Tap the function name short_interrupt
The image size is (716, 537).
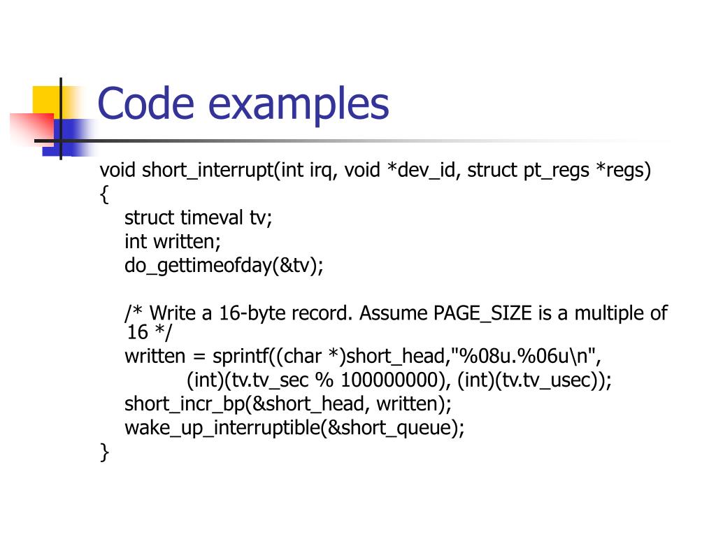[x=208, y=171]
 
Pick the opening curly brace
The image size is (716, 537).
[x=105, y=195]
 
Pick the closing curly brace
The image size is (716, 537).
[x=105, y=452]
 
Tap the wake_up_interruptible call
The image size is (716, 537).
[x=222, y=428]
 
